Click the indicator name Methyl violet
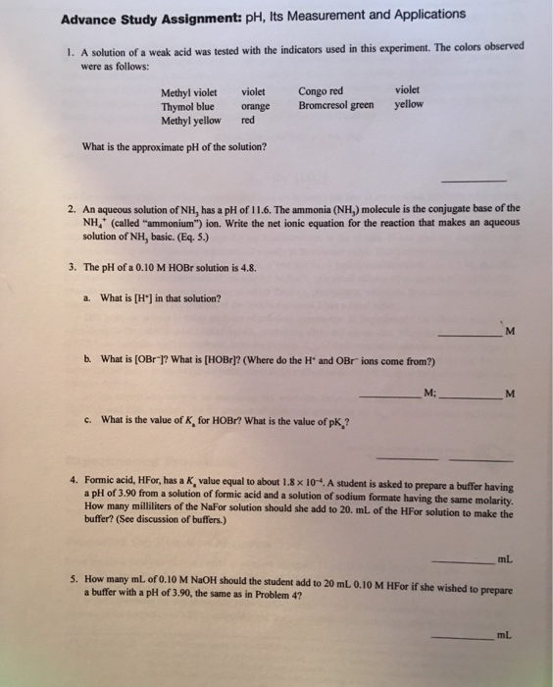coord(188,93)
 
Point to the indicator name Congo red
coord(321,91)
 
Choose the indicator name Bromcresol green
coord(335,104)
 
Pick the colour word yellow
coord(409,103)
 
